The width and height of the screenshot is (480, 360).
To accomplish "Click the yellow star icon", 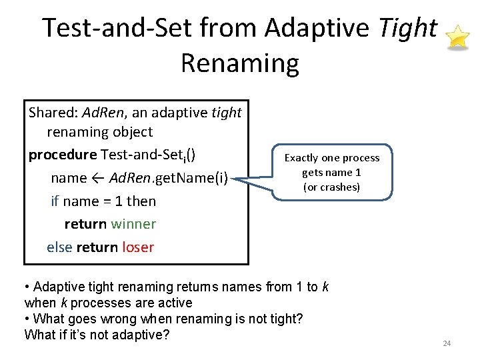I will [x=458, y=37].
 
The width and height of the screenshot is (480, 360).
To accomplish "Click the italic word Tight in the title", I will [x=408, y=28].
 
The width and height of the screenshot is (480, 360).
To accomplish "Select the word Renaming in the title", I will [x=239, y=63].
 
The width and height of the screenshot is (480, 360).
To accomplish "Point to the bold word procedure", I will [x=62, y=155].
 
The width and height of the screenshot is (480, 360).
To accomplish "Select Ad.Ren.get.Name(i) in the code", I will [x=169, y=178].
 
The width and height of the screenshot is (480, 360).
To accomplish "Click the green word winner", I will [x=133, y=224].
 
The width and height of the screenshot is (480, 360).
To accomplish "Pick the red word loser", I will [x=138, y=247].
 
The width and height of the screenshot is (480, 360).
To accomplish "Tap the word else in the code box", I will [x=59, y=247].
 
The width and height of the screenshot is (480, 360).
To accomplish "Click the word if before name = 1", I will [x=55, y=201].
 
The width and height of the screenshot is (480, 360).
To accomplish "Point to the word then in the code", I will [x=141, y=201].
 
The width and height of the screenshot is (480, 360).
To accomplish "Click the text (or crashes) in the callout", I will [x=331, y=187].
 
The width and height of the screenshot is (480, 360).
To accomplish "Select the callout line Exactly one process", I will [x=331, y=158].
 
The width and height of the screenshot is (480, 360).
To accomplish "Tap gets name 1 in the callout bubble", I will [x=331, y=173].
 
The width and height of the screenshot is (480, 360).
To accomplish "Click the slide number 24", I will [x=447, y=343].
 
